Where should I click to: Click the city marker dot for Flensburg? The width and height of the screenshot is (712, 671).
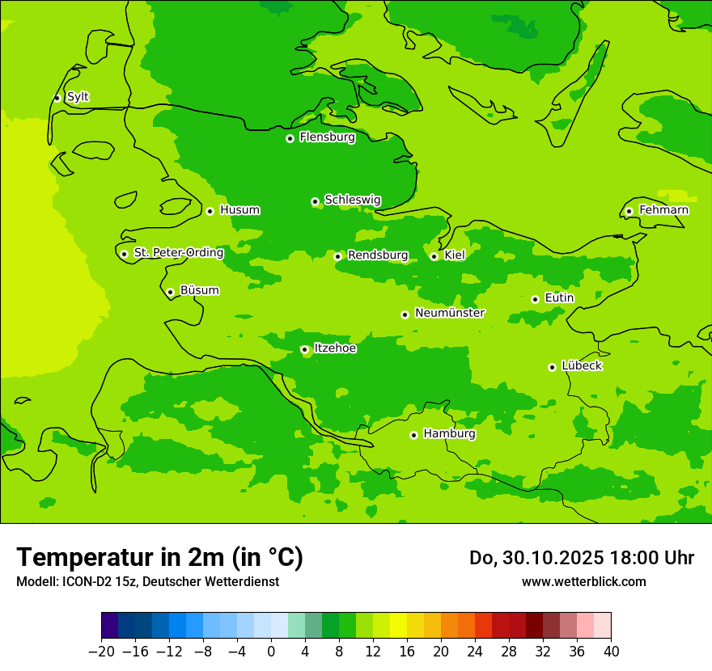tap(290, 138)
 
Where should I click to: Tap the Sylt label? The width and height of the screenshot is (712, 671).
tap(78, 97)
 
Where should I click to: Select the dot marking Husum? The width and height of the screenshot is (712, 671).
tap(210, 211)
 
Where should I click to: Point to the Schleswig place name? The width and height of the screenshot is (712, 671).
tap(352, 200)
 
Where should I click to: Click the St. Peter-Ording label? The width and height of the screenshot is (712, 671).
tap(178, 252)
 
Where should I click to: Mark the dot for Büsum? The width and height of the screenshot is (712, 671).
tap(170, 292)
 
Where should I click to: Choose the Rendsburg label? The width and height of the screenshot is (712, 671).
tap(377, 255)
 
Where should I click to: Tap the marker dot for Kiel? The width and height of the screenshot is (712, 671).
tap(434, 256)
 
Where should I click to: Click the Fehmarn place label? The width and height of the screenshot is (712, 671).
tap(663, 210)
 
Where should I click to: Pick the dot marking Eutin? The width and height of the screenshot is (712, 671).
tap(535, 299)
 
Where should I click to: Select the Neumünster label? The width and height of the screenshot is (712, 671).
tap(449, 313)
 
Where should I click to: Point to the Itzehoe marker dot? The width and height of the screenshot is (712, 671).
tap(304, 349)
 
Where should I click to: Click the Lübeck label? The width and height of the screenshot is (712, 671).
tap(581, 365)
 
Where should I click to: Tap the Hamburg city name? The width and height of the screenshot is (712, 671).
tap(449, 433)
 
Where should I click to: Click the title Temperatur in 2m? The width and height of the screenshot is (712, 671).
tap(159, 557)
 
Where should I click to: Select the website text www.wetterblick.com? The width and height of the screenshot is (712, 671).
tap(583, 581)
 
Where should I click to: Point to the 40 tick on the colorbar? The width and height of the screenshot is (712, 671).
tap(611, 652)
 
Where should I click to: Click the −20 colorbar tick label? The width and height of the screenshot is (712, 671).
tap(101, 652)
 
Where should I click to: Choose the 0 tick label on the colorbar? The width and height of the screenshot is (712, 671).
tap(271, 652)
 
